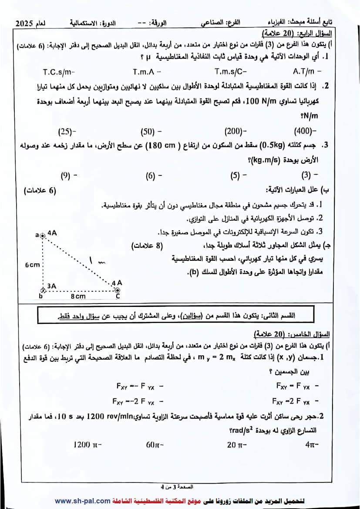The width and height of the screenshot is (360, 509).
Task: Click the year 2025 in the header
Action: click(x=27, y=23)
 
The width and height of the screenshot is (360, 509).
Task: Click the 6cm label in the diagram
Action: click(x=32, y=265)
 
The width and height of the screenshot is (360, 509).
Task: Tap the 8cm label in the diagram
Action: click(x=78, y=297)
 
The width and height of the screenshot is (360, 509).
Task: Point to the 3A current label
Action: click(x=52, y=286)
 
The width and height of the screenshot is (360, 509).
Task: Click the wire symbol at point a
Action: click(x=43, y=236)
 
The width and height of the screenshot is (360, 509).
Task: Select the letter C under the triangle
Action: click(x=118, y=296)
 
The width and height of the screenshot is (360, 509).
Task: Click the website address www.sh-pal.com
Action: click(x=83, y=501)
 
